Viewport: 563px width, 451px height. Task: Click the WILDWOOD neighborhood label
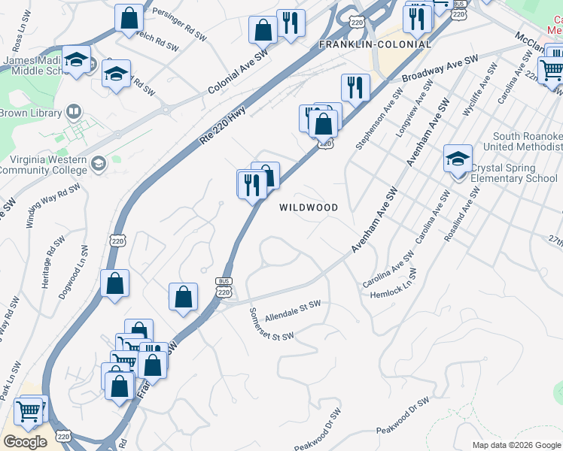pyautogui.click(x=309, y=207)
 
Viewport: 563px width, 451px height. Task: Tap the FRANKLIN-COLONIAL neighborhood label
pyautogui.click(x=375, y=44)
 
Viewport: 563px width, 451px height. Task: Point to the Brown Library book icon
pyautogui.click(x=74, y=114)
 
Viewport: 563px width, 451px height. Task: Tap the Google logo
pyautogui.click(x=25, y=441)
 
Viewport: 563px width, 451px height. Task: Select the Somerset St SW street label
pyautogui.click(x=271, y=326)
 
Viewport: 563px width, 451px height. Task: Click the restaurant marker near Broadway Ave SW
pyautogui.click(x=355, y=87)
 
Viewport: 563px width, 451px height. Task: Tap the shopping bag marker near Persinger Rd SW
pyautogui.click(x=129, y=17)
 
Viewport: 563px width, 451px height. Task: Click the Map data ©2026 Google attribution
pyautogui.click(x=516, y=445)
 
